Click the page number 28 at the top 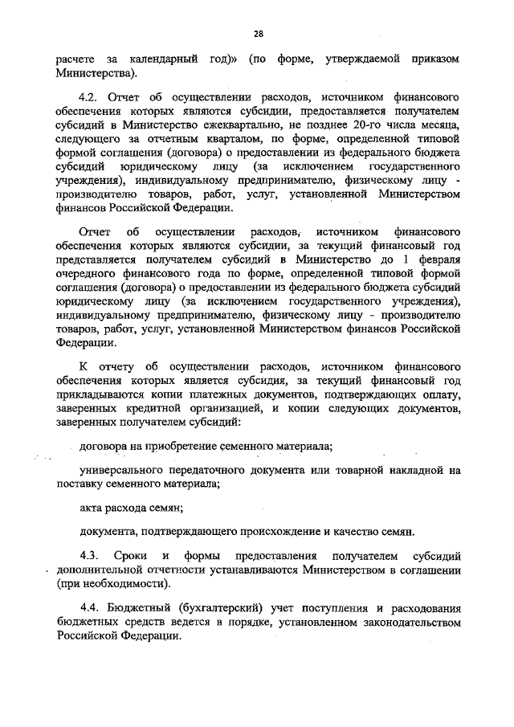(x=258, y=33)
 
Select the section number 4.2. (x=92, y=96)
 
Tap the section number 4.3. (x=92, y=556)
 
